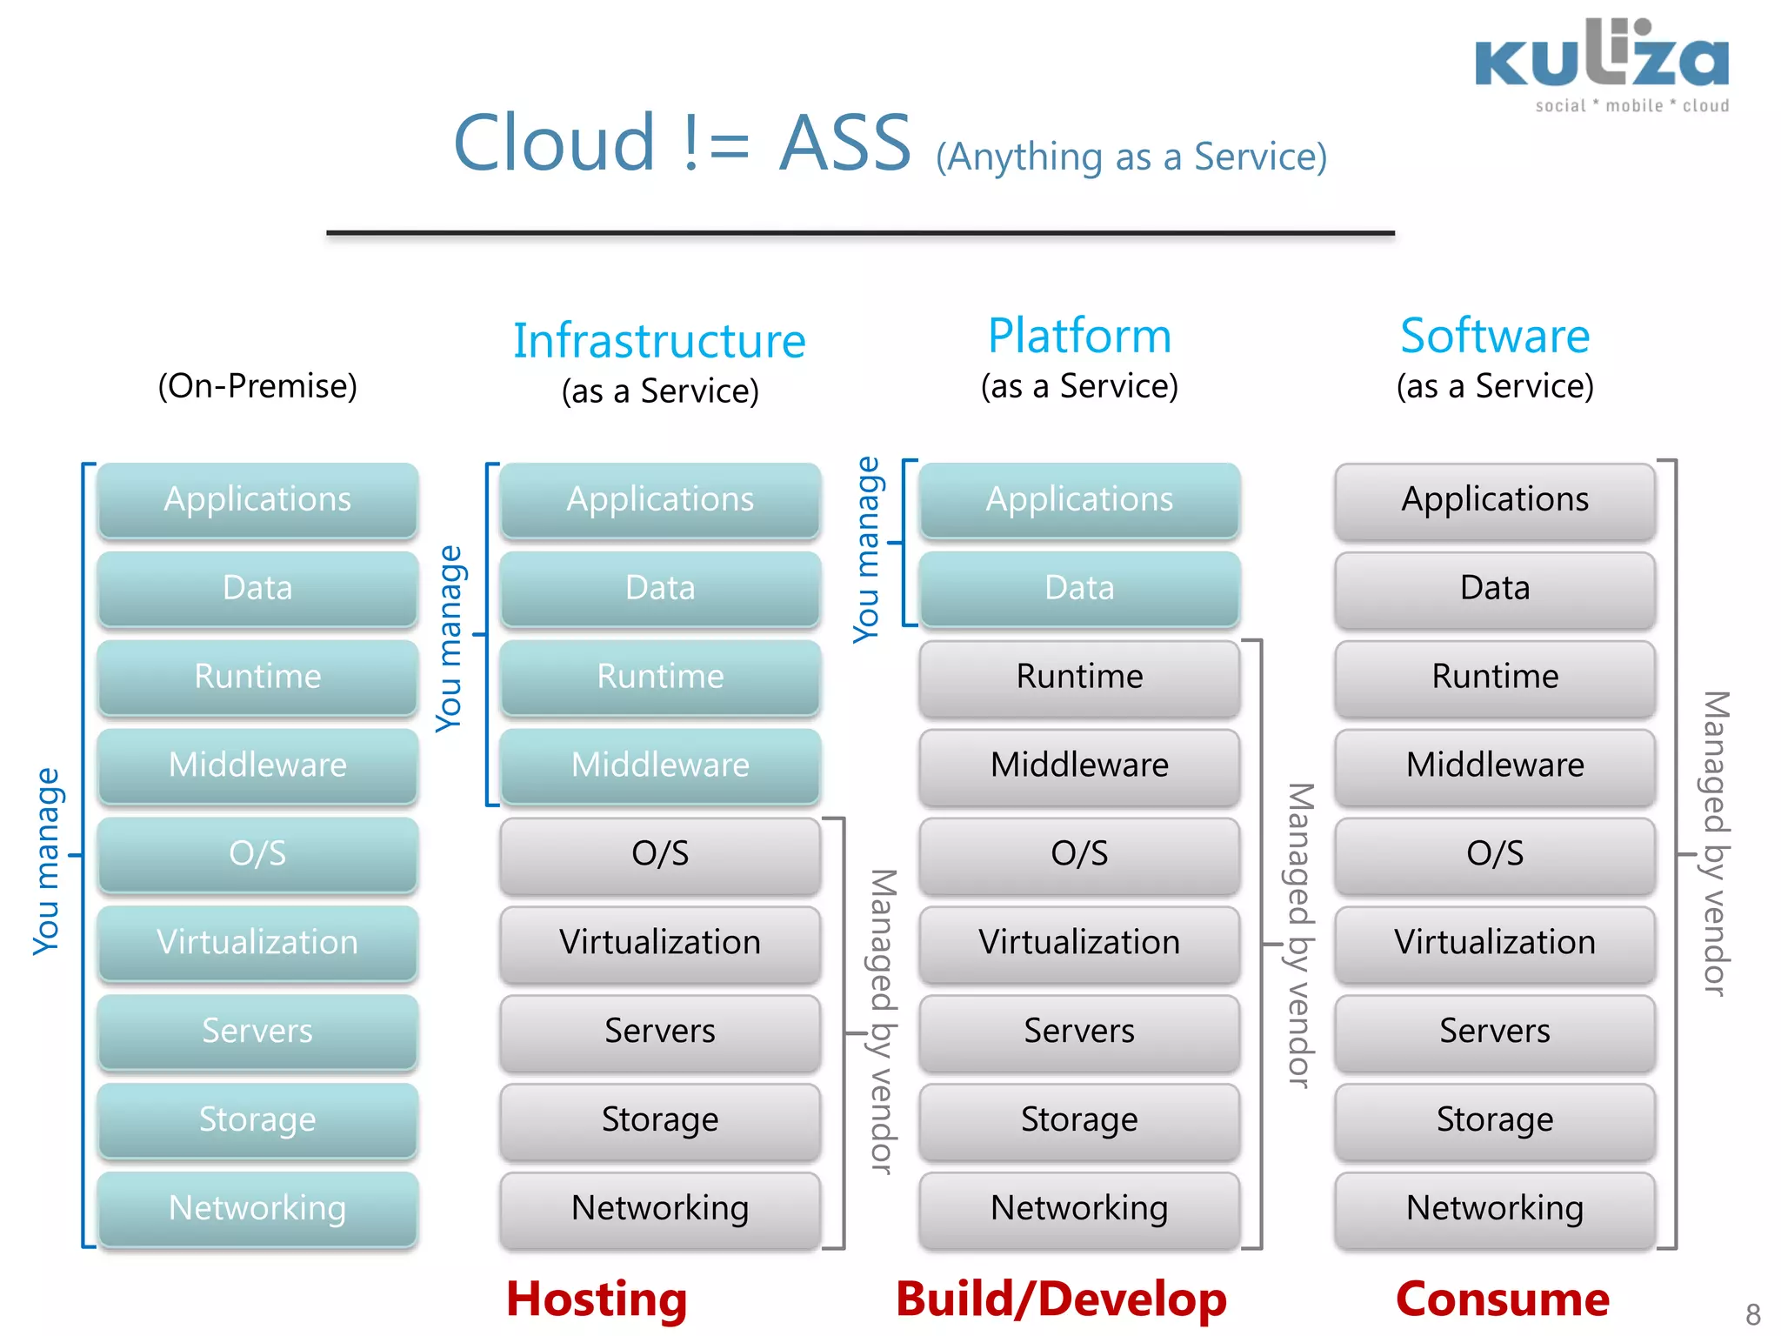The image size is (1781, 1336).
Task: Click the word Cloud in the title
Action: pos(554,144)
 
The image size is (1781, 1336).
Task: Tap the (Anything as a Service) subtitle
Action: pos(1131,157)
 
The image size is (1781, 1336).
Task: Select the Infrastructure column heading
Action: pos(659,341)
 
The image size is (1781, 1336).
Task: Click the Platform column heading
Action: pos(1079,336)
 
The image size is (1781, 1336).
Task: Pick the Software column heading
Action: pos(1494,336)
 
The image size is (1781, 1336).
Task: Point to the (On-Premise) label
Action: pos(257,386)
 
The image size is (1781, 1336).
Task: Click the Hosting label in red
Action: pos(597,1299)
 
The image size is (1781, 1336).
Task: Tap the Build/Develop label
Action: pos(1061,1299)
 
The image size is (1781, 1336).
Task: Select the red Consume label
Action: pos(1502,1299)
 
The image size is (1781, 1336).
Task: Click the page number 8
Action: pos(1752,1313)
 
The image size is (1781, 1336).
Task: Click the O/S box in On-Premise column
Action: pos(257,853)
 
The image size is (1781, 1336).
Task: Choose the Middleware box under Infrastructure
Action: pos(660,765)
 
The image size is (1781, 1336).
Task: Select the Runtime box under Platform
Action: pos(1079,676)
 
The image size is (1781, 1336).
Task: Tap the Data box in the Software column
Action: pos(1494,588)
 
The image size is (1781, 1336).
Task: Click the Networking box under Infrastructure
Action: pos(660,1207)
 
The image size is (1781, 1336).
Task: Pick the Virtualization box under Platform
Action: pos(1079,942)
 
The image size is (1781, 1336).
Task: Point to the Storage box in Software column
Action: pos(1494,1119)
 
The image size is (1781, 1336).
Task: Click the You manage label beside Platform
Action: pos(867,549)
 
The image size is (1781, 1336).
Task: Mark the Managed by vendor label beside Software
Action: pos(1714,844)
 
